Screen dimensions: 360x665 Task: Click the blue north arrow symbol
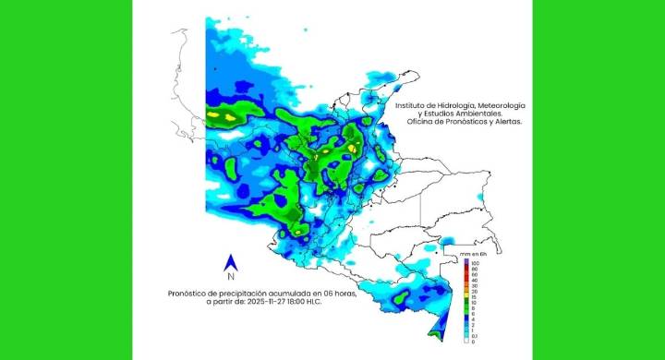230,262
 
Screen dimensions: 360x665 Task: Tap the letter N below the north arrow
230,277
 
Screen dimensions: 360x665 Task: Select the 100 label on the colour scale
476,264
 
